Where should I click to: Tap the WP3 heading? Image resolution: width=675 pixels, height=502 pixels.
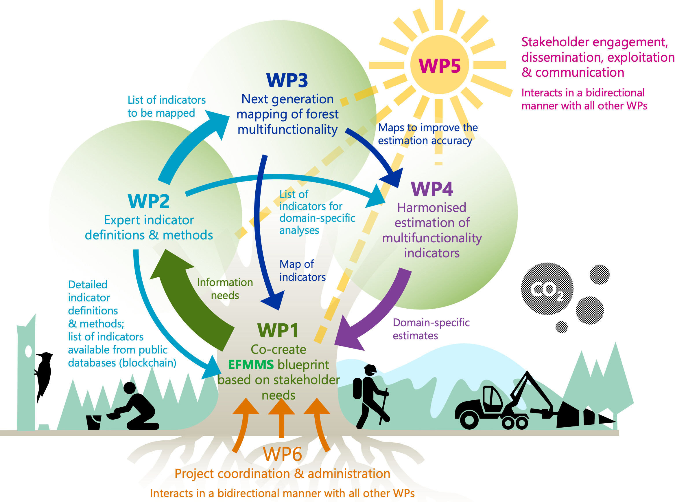click(x=287, y=80)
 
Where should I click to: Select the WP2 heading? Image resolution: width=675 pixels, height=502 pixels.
click(x=148, y=201)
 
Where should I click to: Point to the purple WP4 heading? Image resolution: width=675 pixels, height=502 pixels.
click(x=431, y=189)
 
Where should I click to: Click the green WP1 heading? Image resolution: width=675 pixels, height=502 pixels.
click(x=278, y=330)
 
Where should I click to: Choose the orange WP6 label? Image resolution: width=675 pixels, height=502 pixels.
click(x=282, y=454)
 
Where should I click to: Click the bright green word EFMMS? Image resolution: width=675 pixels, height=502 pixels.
click(x=251, y=365)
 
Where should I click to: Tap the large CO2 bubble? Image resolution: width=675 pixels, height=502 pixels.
click(x=547, y=289)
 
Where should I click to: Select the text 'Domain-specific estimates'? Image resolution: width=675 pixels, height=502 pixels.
click(x=431, y=329)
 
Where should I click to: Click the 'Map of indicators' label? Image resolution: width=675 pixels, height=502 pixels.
click(x=302, y=270)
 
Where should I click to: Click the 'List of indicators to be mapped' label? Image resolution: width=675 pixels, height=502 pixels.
click(x=166, y=106)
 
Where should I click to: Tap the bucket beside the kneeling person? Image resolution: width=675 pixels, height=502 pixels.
click(x=94, y=422)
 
